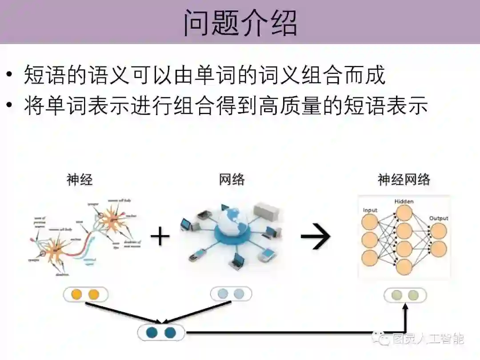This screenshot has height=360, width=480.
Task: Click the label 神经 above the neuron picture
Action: (80, 180)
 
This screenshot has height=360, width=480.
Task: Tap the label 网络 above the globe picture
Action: (232, 180)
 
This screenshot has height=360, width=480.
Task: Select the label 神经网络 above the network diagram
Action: (404, 180)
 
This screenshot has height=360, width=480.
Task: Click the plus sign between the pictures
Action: (160, 236)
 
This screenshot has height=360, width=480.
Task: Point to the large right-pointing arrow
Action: (316, 236)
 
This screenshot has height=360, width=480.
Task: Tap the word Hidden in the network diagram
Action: (404, 201)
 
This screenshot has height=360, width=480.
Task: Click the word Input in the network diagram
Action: (370, 210)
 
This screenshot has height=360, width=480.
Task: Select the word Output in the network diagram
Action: (439, 218)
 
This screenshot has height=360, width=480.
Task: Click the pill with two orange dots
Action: (85, 294)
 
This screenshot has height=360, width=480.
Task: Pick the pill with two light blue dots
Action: (231, 293)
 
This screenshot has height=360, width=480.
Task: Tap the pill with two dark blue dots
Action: (161, 332)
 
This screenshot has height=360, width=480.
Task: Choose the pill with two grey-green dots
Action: (405, 295)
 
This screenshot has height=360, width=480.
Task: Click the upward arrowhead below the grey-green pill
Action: (405, 307)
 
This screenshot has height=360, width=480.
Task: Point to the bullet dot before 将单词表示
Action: (10, 106)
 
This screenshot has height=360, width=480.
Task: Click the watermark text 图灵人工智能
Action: (428, 339)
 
